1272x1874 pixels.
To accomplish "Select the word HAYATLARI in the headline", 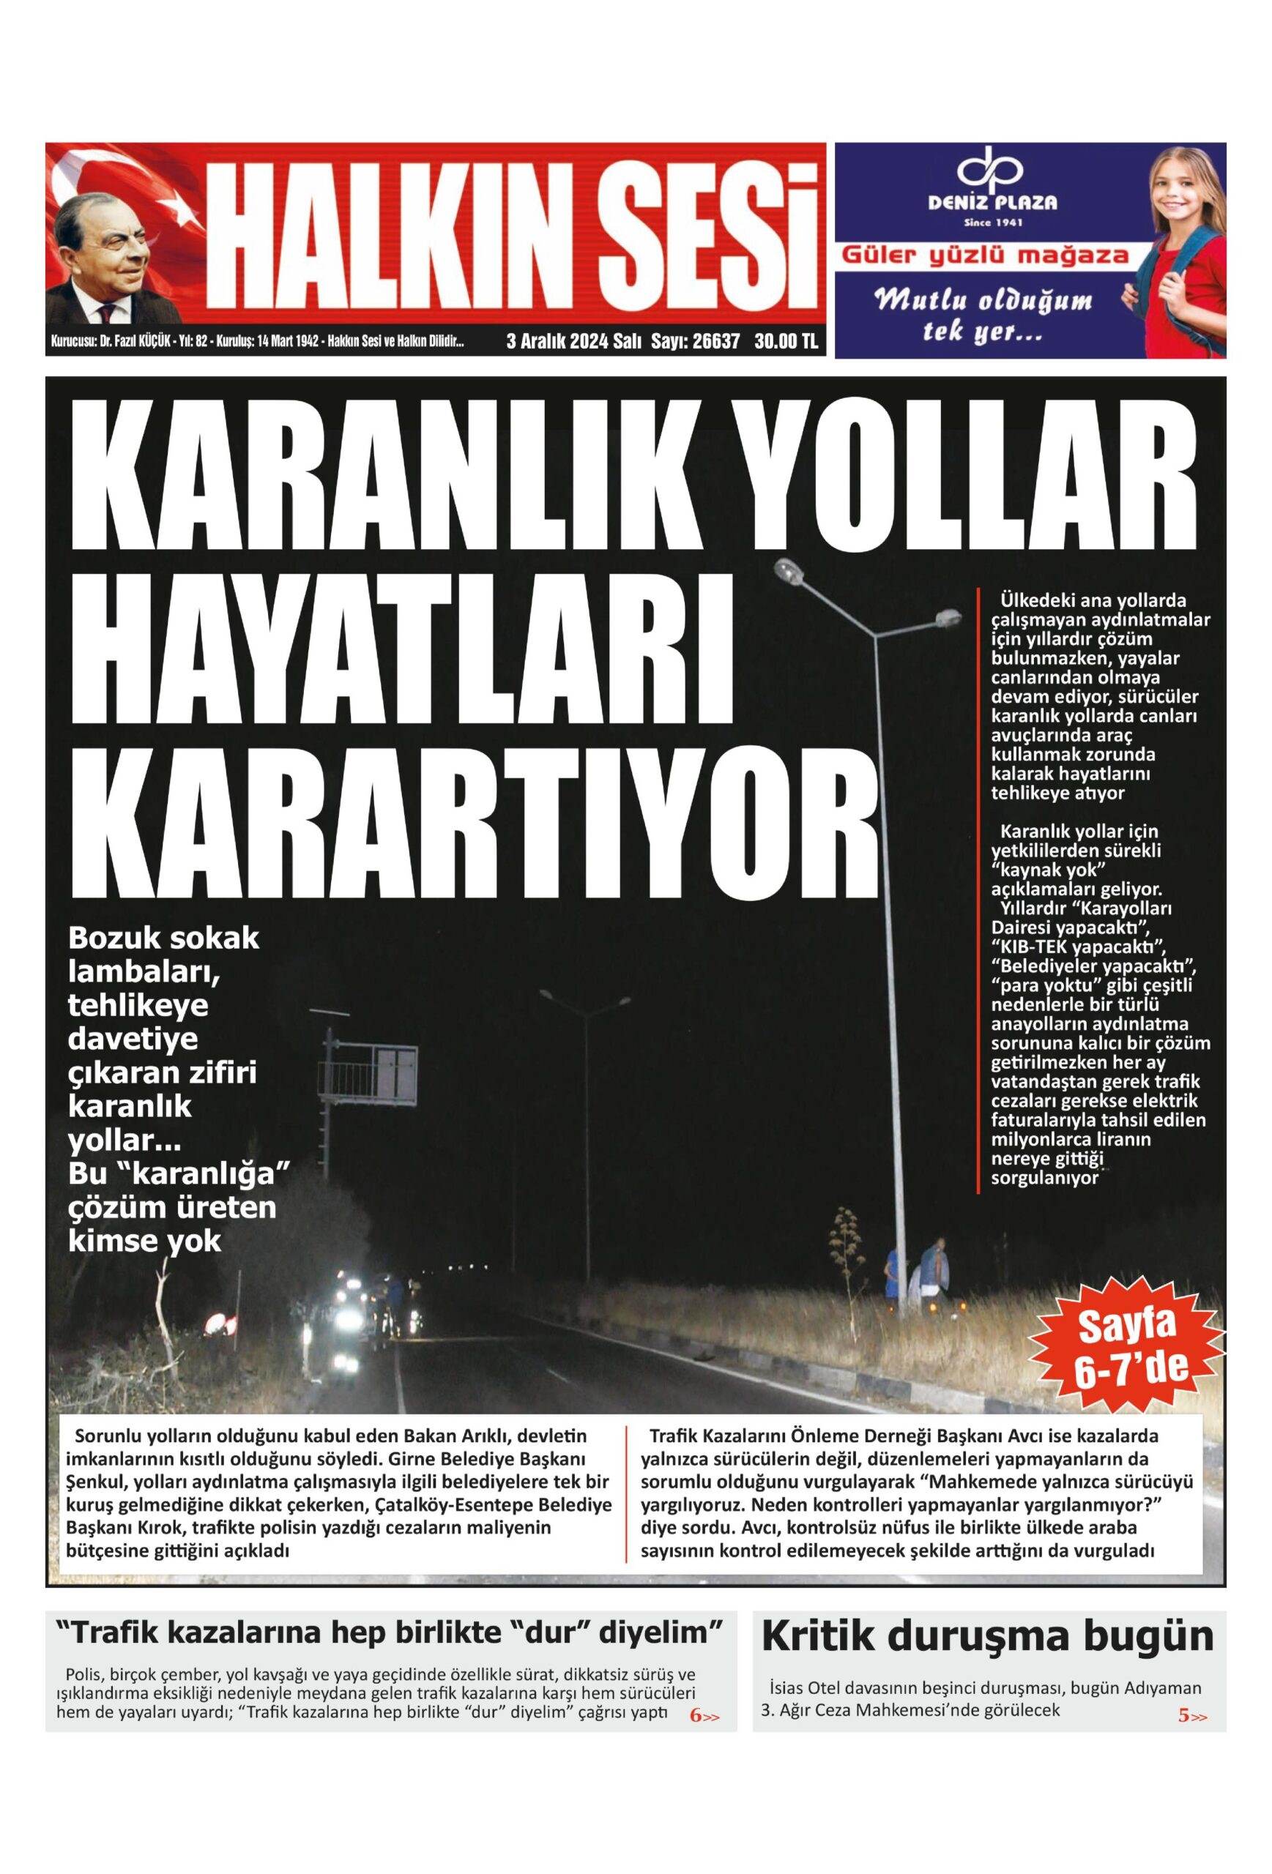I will coord(401,652).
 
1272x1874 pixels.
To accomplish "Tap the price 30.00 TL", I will coord(786,341).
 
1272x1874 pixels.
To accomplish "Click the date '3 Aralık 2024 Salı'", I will coord(573,341).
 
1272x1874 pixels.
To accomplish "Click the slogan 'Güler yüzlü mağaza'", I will coord(985,256).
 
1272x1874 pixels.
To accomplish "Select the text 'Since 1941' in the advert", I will coord(993,222).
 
